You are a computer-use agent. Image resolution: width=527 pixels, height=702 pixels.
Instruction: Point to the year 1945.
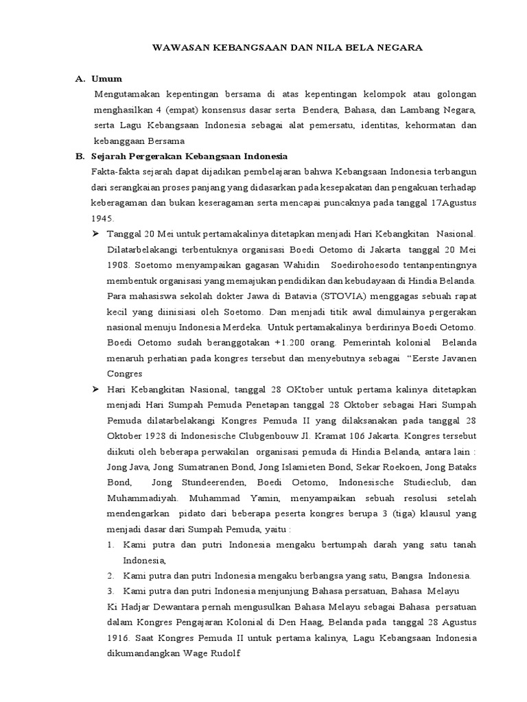[101, 218]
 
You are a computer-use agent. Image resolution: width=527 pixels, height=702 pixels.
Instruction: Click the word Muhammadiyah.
[141, 498]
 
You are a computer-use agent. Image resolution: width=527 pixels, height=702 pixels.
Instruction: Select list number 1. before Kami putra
[111, 544]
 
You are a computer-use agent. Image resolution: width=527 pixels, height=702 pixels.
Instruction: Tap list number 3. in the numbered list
[111, 591]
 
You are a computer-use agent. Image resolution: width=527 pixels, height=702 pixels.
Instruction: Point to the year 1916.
[119, 638]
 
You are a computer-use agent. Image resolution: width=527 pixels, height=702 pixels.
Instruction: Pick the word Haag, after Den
[305, 622]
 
